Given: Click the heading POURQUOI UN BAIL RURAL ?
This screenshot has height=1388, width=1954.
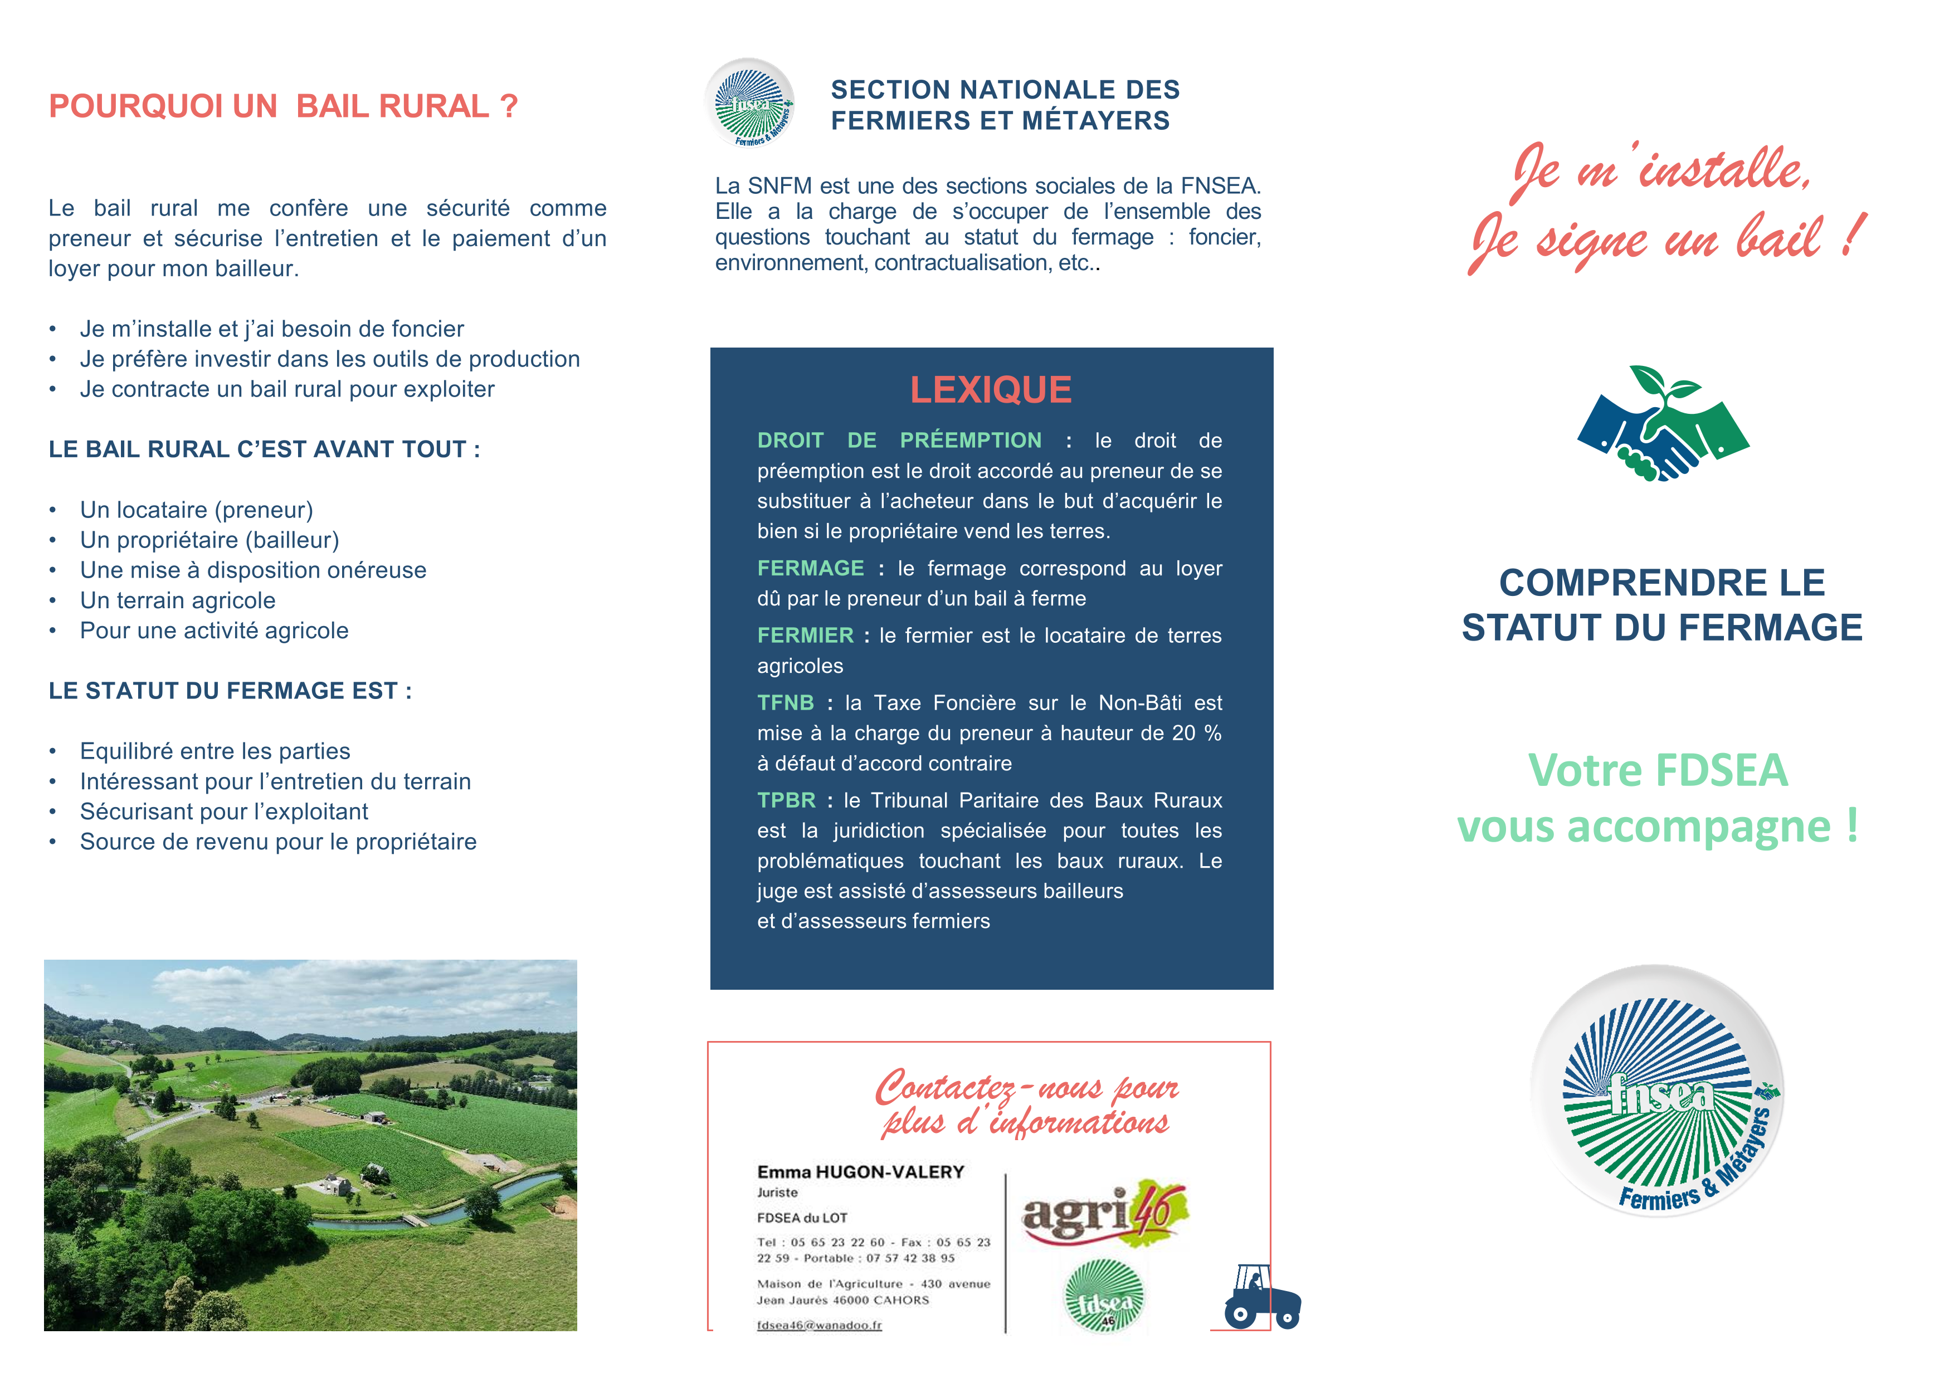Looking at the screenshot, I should (x=283, y=106).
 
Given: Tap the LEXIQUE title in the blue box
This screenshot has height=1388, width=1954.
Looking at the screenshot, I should (x=990, y=390).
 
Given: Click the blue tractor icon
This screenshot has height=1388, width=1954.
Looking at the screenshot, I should (x=1261, y=1297).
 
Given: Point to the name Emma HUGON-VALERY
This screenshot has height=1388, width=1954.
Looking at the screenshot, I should (x=860, y=1172).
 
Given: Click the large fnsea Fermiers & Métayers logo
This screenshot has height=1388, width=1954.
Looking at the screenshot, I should (x=1658, y=1092).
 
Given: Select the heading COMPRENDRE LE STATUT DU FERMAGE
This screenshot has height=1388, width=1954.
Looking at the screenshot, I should (x=1661, y=605).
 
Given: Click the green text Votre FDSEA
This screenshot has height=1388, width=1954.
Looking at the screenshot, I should (x=1658, y=770).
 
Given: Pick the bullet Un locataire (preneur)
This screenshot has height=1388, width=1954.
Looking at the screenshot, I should (x=197, y=510).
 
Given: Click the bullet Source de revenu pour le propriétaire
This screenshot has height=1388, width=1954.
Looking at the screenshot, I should (x=278, y=842).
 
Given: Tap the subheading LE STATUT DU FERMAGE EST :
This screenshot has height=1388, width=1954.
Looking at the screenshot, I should (x=230, y=691).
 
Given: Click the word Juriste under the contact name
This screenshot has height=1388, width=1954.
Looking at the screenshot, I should (x=777, y=1192).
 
